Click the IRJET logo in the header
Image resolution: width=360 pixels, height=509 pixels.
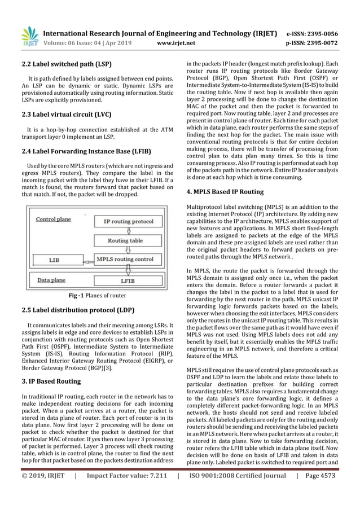[x=28, y=35]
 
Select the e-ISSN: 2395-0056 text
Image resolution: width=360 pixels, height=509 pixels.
[x=317, y=32]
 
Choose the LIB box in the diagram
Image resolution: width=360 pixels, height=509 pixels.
[x=54, y=260]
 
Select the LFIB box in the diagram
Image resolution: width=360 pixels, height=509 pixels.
[x=127, y=279]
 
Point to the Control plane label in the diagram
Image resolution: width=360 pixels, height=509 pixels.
[x=52, y=219]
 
